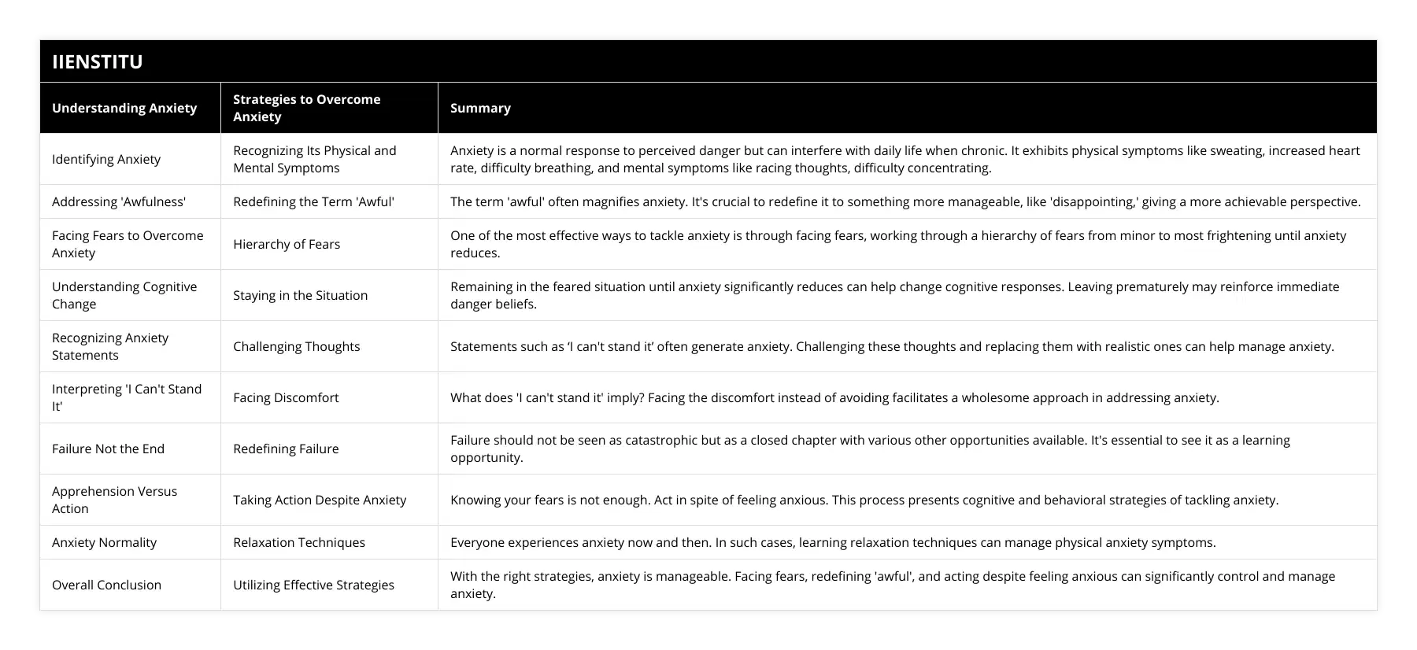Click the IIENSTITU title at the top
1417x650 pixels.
pos(98,61)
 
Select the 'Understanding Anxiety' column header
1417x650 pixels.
pos(124,108)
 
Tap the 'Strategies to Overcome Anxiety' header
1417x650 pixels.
pos(306,108)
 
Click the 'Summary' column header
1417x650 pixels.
pos(480,108)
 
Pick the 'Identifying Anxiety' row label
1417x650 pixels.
pos(106,159)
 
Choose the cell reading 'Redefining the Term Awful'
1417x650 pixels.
pos(313,201)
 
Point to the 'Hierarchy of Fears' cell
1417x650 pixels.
pos(287,244)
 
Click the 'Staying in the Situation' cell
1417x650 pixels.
pos(300,295)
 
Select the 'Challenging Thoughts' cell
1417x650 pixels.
pos(296,346)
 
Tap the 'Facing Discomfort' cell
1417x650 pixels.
pos(286,397)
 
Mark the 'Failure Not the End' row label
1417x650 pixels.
pos(108,449)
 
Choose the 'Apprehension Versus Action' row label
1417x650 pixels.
pos(114,500)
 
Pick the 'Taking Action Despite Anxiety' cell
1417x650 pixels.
pos(320,500)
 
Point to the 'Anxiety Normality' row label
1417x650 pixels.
pos(104,542)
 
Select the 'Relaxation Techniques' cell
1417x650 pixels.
pos(299,542)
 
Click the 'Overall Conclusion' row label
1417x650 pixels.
pos(106,585)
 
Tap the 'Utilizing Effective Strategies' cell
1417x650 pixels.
pos(313,585)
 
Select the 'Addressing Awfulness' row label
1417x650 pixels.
pos(119,201)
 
